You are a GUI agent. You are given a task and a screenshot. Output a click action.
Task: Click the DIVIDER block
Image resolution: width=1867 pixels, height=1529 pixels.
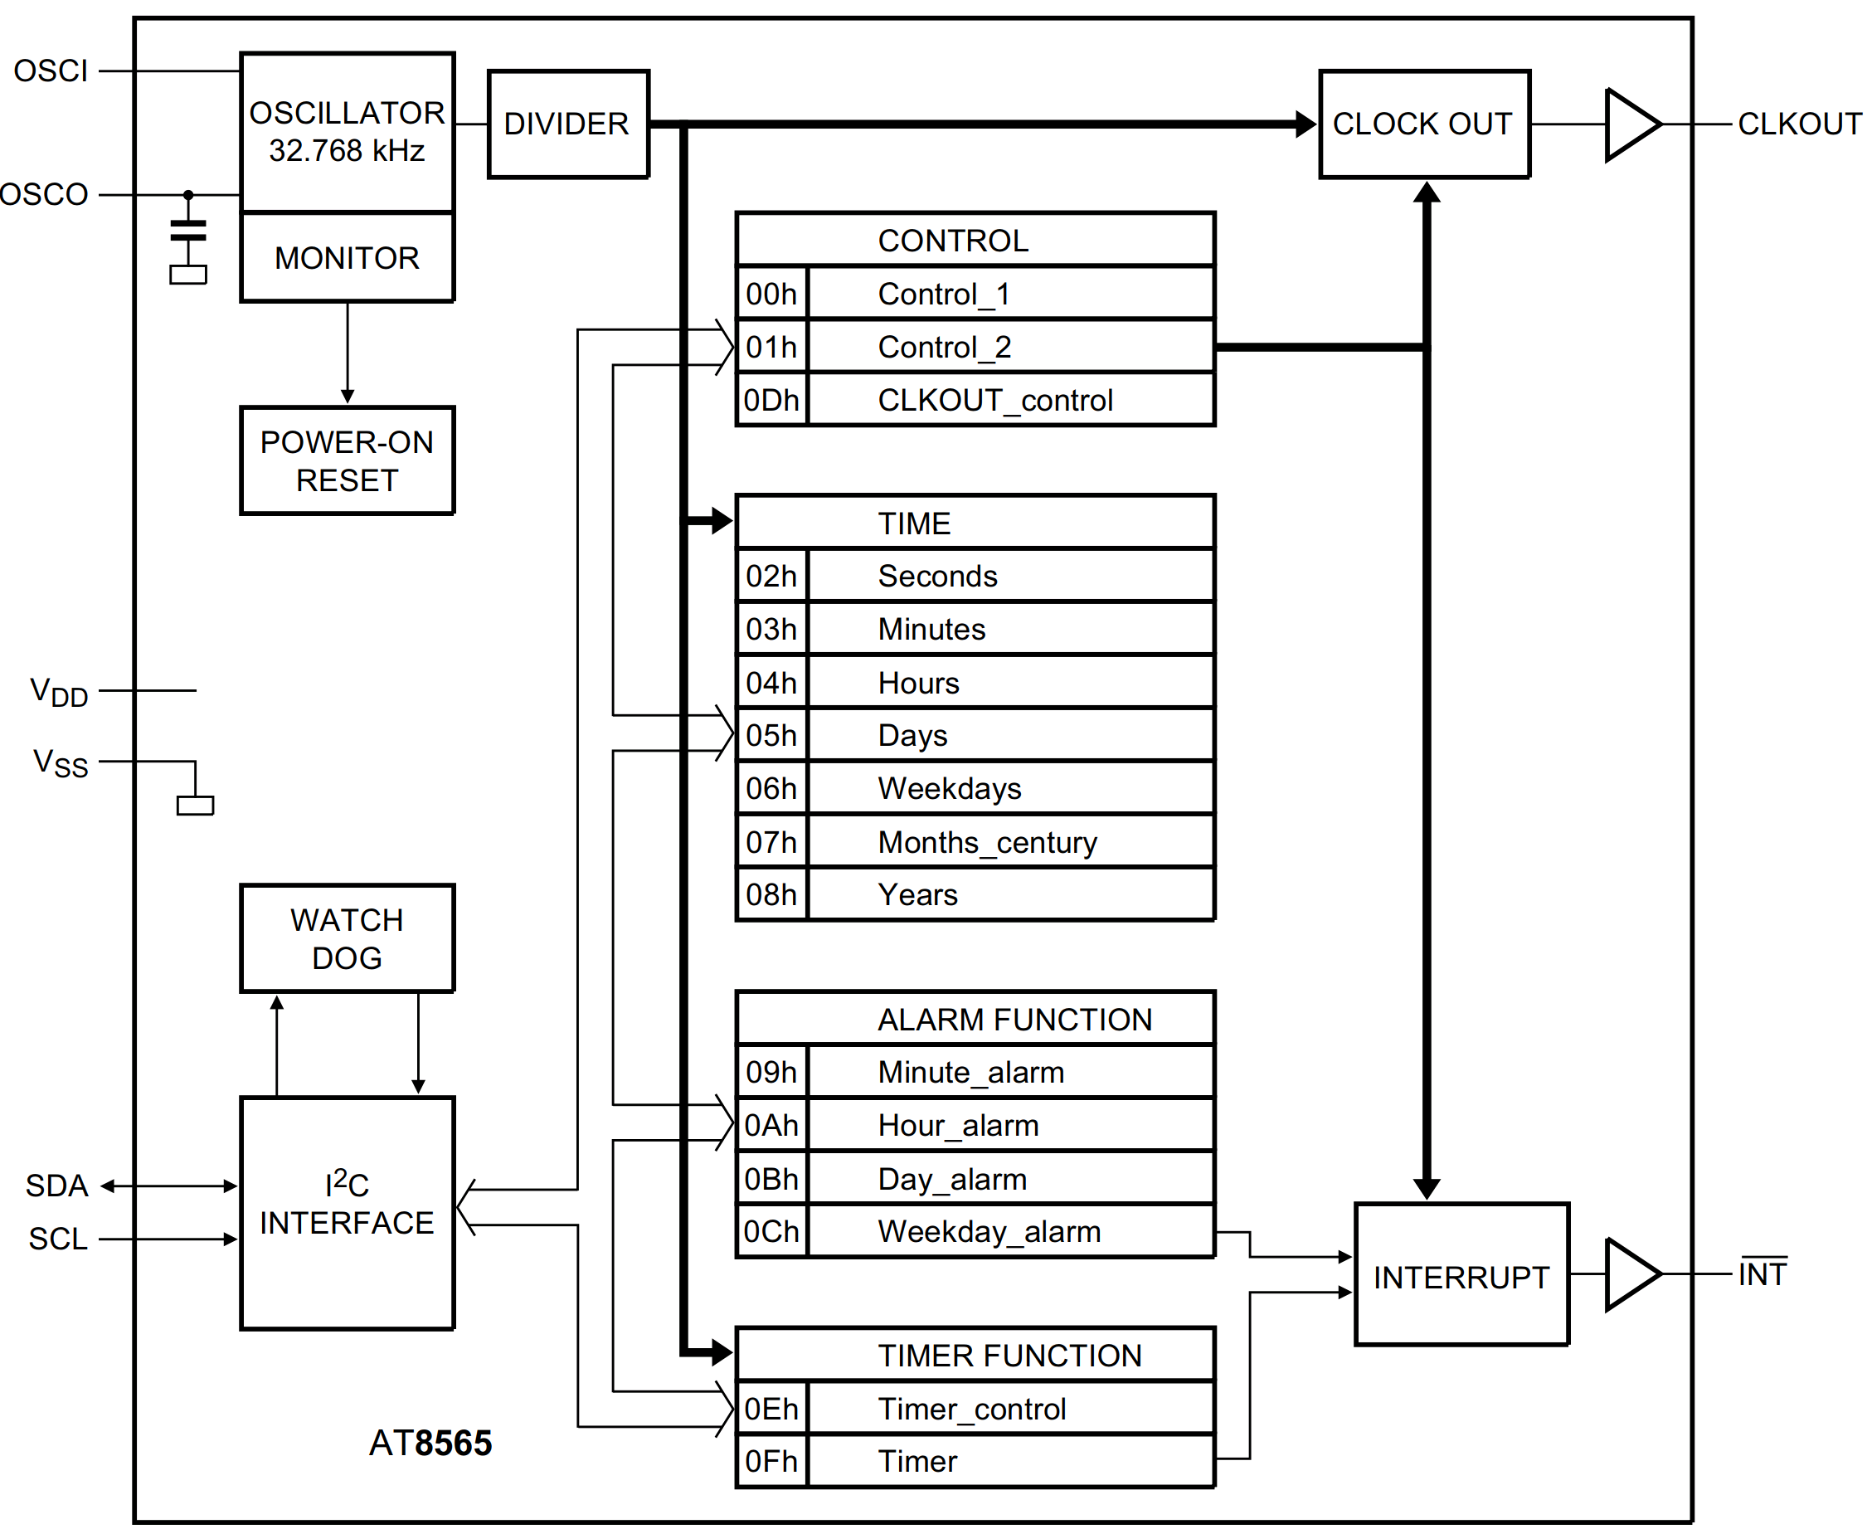click(568, 124)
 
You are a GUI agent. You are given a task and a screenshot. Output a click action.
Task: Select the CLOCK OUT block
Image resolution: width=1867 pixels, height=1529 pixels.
click(1423, 124)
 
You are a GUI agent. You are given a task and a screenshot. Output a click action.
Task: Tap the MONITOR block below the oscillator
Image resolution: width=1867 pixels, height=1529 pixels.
click(347, 258)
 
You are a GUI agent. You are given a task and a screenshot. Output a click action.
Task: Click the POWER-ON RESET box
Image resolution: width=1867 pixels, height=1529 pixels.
click(347, 460)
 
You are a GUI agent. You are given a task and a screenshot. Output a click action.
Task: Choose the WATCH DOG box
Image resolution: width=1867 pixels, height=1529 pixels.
click(347, 939)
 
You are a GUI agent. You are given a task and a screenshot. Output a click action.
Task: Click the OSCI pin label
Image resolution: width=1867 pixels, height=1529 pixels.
click(51, 71)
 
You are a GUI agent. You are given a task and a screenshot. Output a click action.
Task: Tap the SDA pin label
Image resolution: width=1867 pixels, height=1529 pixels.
click(56, 1186)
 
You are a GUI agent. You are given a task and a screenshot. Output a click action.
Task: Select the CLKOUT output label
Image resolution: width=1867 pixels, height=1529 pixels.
click(1799, 124)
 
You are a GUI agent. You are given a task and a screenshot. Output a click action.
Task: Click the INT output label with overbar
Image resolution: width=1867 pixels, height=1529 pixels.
click(1762, 1273)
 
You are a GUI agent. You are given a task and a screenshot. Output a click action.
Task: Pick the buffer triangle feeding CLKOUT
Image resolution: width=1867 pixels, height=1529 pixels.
click(1631, 124)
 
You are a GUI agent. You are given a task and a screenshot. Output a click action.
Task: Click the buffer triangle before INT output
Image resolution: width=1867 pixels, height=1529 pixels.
click(1631, 1273)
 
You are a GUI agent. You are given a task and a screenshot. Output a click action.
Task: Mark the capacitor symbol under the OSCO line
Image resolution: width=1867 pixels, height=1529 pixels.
click(187, 231)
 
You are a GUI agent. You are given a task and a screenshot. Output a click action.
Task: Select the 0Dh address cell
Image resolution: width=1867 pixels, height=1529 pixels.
click(771, 401)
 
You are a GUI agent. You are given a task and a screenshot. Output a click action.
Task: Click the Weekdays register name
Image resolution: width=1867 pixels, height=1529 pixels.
click(950, 788)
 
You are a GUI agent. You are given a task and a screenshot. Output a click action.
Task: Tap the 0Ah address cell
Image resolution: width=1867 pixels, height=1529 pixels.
click(771, 1125)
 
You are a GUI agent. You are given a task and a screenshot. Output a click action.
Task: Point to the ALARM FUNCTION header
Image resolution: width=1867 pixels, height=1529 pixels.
click(1014, 1019)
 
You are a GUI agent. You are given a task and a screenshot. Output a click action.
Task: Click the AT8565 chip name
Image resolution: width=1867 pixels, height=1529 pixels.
click(430, 1443)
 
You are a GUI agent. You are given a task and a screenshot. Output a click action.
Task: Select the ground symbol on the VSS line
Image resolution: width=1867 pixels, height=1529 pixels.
click(195, 804)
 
